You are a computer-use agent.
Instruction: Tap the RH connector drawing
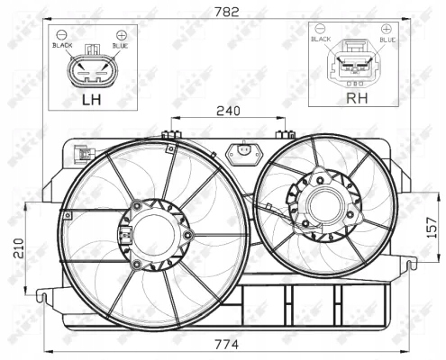click(353, 67)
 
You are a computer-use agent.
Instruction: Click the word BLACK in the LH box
click(62, 44)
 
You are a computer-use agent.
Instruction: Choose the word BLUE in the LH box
click(120, 44)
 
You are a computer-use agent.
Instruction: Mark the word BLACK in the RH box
click(321, 40)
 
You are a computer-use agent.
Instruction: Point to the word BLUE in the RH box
click(387, 40)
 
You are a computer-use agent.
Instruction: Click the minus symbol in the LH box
click(62, 34)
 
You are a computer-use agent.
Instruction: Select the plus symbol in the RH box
click(387, 30)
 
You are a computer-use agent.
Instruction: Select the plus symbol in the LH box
click(120, 34)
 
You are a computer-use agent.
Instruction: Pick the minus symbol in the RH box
click(320, 30)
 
